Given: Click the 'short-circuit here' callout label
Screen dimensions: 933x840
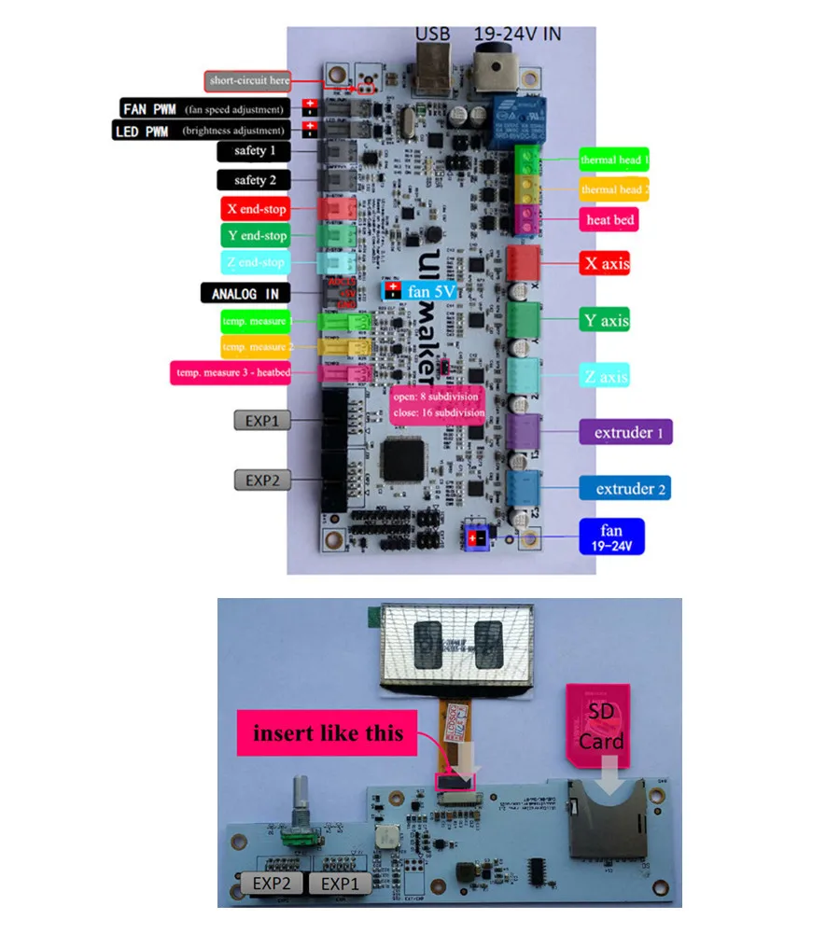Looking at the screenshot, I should [x=248, y=81].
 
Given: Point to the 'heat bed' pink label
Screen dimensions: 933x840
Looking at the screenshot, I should [x=609, y=220].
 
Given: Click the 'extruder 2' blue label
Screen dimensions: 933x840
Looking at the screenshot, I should [x=624, y=489].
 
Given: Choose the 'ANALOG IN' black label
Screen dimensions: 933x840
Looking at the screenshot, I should [x=245, y=294].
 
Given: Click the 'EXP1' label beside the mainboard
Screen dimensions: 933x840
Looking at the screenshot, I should [x=262, y=421].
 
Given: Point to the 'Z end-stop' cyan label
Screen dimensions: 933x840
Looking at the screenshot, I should [x=254, y=263].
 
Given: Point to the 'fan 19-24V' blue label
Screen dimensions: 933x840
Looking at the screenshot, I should [x=611, y=537].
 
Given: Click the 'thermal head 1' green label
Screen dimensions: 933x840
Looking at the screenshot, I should [x=614, y=160].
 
